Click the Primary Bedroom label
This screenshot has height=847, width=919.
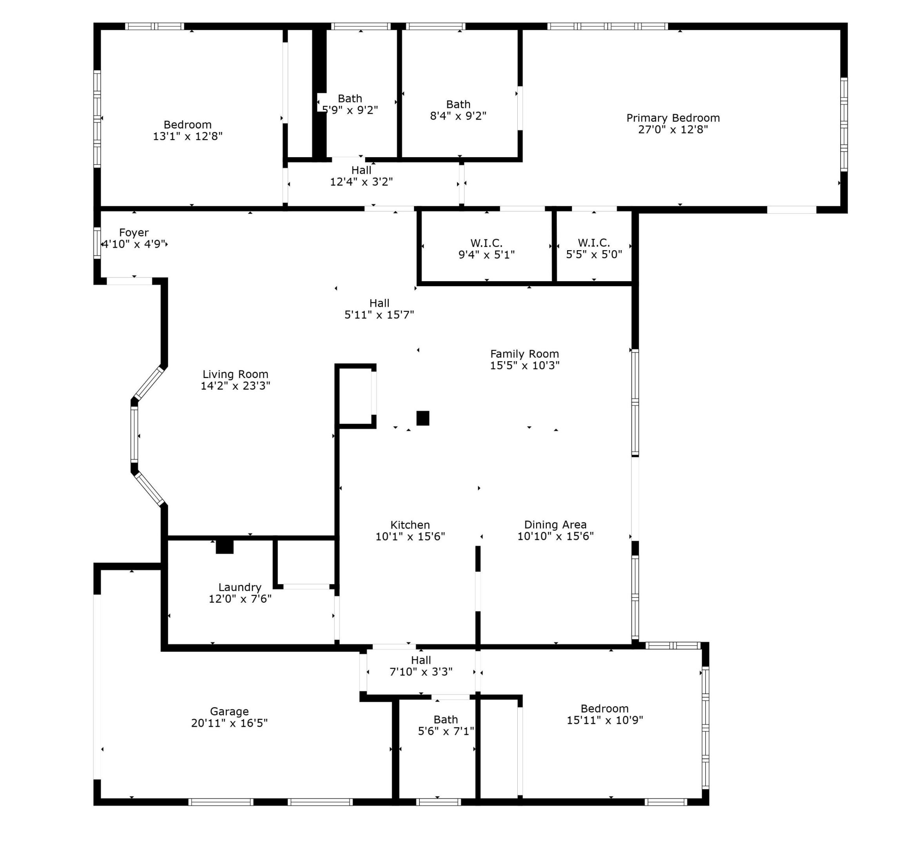coord(672,118)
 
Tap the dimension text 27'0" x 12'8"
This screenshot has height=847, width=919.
coord(672,130)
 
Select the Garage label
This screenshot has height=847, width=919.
coord(229,711)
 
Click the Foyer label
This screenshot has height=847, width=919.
coord(134,233)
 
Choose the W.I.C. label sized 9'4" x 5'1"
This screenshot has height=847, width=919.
coord(486,242)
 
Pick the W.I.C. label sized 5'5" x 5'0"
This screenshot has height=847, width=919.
coord(594,242)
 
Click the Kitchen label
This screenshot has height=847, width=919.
coord(410,524)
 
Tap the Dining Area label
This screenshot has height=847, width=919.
coord(555,524)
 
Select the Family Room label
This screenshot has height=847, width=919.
coord(524,353)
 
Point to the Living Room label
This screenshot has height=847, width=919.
coord(236,374)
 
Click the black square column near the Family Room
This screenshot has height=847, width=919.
coord(422,418)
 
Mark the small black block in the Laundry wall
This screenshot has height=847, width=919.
coord(225,546)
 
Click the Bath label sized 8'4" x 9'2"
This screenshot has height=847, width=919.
coord(458,104)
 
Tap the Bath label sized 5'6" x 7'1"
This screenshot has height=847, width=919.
coord(445,719)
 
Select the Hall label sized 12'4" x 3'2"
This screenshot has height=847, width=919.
coord(361,170)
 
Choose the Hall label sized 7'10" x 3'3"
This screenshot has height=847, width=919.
coord(421,660)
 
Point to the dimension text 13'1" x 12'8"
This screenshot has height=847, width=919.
coord(187,136)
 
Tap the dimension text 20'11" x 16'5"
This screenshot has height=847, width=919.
coord(229,723)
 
